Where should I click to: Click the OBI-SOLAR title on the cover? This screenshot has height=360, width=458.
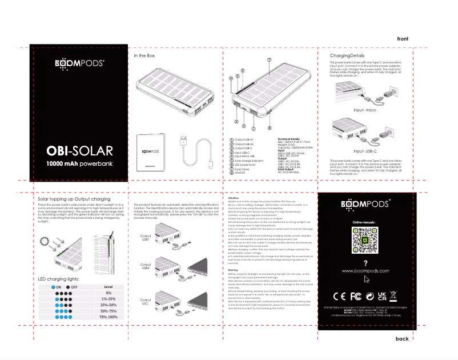point(79,151)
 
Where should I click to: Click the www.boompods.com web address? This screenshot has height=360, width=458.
point(364,270)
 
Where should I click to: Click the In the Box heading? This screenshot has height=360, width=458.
point(144,55)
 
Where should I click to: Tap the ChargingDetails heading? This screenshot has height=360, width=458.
point(347,55)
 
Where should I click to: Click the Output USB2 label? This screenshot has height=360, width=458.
point(145,267)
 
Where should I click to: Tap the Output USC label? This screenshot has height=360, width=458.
point(145,301)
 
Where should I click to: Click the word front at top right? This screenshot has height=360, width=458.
point(403,38)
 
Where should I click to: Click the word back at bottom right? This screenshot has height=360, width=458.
point(402,339)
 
